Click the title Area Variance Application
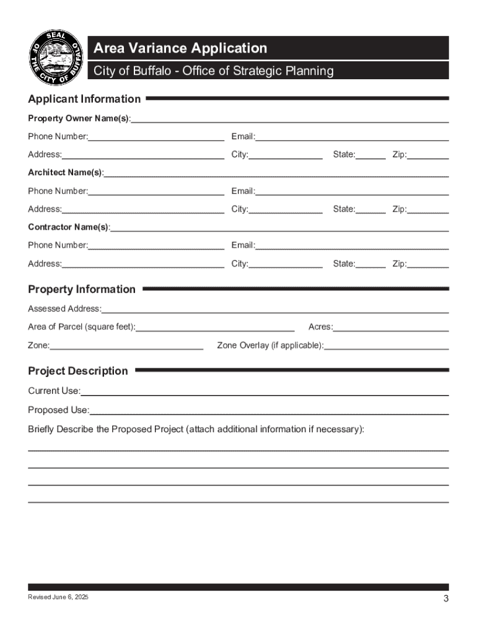tap(180, 48)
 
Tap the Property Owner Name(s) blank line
tap(289, 119)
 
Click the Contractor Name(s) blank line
tap(279, 228)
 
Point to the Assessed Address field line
tap(275, 309)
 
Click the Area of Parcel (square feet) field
tap(215, 328)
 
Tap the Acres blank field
tap(391, 328)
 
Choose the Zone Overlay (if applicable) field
tap(387, 346)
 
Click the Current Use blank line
tap(265, 392)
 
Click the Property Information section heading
tap(82, 289)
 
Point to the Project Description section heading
tap(78, 371)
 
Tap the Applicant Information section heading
tap(84, 99)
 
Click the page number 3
tap(445, 599)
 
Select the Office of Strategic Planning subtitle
tap(213, 71)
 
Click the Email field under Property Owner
tap(352, 137)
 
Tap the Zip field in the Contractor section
tap(428, 264)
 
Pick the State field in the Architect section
tap(370, 210)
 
